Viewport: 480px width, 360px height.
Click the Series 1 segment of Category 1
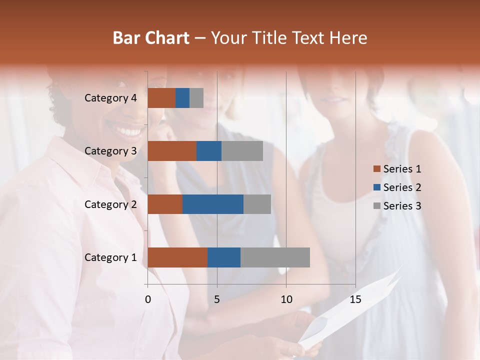pyautogui.click(x=177, y=257)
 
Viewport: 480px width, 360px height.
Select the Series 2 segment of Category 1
pyautogui.click(x=224, y=257)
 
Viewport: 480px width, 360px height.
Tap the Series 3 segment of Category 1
pyautogui.click(x=275, y=257)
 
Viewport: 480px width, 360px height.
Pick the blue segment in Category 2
pyautogui.click(x=213, y=204)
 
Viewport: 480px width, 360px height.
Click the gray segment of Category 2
pyautogui.click(x=257, y=204)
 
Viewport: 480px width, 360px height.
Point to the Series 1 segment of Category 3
pyautogui.click(x=172, y=151)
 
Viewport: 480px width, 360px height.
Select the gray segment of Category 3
pyautogui.click(x=242, y=151)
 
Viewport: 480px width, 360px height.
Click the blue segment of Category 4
pyautogui.click(x=182, y=98)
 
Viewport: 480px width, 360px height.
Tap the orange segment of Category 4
pyautogui.click(x=161, y=98)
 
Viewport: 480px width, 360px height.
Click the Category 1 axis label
pyautogui.click(x=110, y=257)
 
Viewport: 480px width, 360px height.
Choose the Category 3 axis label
pyautogui.click(x=110, y=151)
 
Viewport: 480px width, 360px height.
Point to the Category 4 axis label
pyautogui.click(x=110, y=98)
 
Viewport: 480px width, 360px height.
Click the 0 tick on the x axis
pyautogui.click(x=148, y=299)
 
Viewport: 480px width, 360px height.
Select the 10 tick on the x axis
pyautogui.click(x=286, y=299)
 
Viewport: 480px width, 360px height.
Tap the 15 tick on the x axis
pyautogui.click(x=355, y=299)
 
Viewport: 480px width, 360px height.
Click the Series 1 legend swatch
pyautogui.click(x=376, y=169)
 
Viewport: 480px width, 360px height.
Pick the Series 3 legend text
pyautogui.click(x=402, y=206)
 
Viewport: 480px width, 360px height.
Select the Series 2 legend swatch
pyautogui.click(x=376, y=187)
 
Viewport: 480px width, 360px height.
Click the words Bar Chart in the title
pyautogui.click(x=151, y=38)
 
